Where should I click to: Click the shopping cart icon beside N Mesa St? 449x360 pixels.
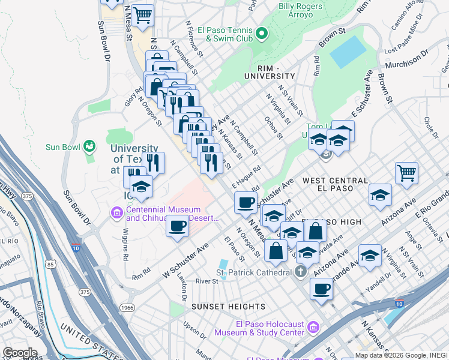tap(142, 14)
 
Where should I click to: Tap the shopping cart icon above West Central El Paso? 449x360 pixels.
tap(407, 173)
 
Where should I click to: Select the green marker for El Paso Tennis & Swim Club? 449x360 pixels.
tap(261, 32)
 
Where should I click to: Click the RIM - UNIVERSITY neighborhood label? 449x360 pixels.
tap(270, 76)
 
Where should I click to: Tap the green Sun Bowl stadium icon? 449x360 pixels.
tap(89, 146)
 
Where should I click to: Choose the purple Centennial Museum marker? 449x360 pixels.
tap(116, 212)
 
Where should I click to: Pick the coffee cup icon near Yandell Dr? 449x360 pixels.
tap(321, 289)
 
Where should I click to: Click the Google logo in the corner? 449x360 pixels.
tap(20, 352)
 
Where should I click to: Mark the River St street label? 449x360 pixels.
tap(206, 281)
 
